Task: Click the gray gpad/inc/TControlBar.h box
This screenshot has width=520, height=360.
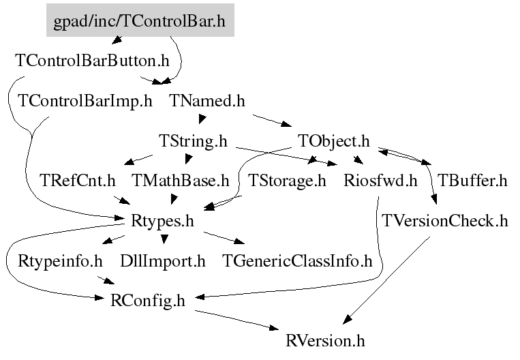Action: pyautogui.click(x=140, y=21)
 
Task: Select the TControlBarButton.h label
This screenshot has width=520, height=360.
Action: pyautogui.click(x=92, y=60)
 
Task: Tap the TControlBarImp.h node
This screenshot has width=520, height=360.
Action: pyautogui.click(x=85, y=102)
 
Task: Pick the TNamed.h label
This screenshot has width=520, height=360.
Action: pyautogui.click(x=207, y=102)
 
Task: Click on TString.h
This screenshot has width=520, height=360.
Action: pyautogui.click(x=192, y=142)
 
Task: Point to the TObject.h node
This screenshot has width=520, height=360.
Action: pyautogui.click(x=333, y=142)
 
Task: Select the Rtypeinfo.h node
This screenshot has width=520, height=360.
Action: pyautogui.click(x=60, y=260)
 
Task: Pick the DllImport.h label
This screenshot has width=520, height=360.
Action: pyautogui.click(x=162, y=260)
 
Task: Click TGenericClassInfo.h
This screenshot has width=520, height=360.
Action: pyautogui.click(x=298, y=260)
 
